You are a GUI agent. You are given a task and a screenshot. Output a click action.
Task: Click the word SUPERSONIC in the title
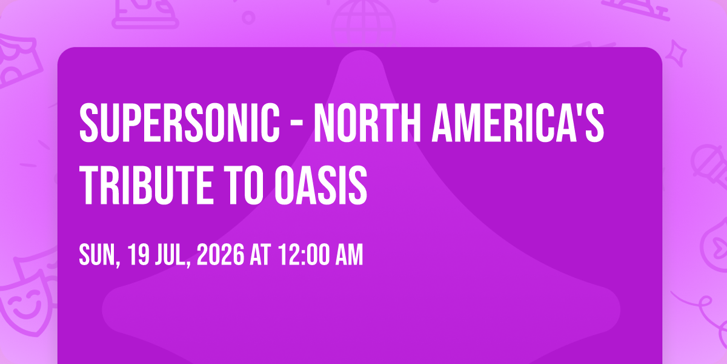tap(179, 123)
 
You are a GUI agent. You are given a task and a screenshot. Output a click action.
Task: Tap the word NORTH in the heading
tap(367, 123)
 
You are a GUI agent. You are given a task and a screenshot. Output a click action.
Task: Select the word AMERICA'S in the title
tap(518, 123)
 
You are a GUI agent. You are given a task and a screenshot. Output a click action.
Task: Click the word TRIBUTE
tap(146, 185)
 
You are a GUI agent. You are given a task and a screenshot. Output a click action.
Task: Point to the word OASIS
tap(320, 185)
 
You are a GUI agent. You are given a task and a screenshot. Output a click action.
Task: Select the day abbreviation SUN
tap(98, 255)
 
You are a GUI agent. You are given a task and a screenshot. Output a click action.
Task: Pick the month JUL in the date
tap(172, 255)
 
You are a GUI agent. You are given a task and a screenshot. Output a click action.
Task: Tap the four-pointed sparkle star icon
tap(676, 53)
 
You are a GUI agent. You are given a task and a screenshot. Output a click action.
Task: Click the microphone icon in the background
tap(709, 166)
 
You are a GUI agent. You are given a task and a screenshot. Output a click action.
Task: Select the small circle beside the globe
tap(248, 18)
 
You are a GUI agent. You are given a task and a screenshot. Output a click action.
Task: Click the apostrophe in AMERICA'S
tap(581, 109)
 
